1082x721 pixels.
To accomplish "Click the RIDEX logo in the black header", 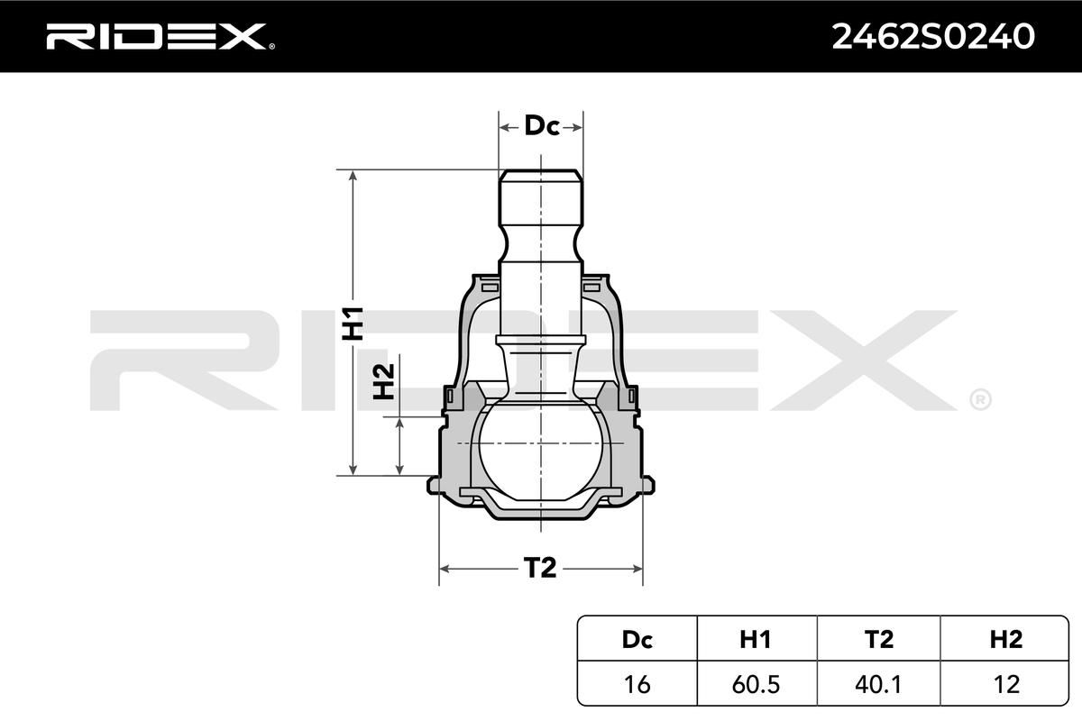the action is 160,36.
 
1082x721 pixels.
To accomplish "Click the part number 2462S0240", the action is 932,37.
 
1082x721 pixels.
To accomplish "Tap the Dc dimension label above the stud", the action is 542,126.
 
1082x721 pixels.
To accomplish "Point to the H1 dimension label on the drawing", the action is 353,323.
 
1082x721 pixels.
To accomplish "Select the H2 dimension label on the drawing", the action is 384,381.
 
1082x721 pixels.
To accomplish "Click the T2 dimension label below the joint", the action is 540,568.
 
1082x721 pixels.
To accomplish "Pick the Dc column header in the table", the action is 637,639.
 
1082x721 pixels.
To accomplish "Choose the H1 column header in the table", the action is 756,639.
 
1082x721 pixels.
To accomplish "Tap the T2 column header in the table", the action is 878,639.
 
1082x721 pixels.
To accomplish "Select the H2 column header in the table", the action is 1005,639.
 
